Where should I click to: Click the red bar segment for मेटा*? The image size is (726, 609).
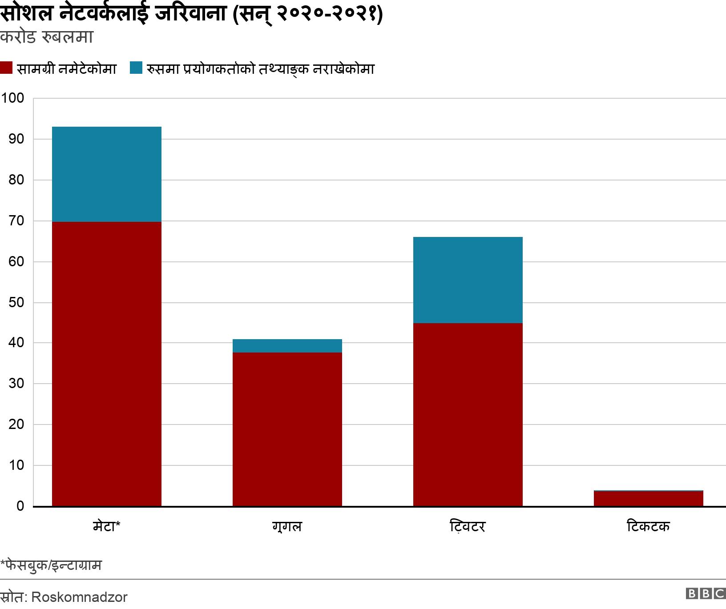tap(106, 364)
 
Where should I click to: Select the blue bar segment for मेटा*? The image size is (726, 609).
tap(106, 174)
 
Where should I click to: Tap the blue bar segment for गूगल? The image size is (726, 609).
tap(287, 346)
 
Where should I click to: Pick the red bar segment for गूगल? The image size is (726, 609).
tap(287, 429)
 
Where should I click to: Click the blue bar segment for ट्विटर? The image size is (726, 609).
tap(468, 280)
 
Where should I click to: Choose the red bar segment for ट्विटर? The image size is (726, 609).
tap(468, 414)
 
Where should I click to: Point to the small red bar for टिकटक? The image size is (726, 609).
tap(648, 499)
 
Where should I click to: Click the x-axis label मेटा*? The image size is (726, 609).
tap(106, 527)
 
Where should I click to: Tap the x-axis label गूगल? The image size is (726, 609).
tap(287, 527)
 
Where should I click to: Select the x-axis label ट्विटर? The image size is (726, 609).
tap(468, 527)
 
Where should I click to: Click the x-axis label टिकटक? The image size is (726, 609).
tap(648, 527)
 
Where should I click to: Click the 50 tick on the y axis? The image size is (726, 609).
tap(16, 303)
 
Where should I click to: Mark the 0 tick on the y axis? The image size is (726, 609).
tap(20, 506)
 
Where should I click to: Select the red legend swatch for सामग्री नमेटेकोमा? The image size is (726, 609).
tap(6, 68)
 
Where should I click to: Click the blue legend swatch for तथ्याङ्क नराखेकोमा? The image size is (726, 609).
tap(136, 68)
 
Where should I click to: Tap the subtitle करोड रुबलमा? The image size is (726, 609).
tap(46, 37)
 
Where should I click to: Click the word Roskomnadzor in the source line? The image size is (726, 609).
tap(80, 597)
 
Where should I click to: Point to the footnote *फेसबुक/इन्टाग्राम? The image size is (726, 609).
tap(51, 565)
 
